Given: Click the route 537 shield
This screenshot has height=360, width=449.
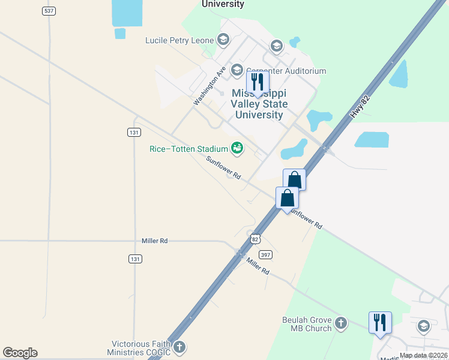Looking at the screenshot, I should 49,11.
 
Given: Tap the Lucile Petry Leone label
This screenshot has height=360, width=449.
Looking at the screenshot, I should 179,41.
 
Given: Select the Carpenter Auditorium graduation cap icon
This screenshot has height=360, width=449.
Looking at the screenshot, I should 237,71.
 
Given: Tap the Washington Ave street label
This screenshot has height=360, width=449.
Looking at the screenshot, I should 209,86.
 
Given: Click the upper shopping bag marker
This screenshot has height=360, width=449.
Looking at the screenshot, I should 294,179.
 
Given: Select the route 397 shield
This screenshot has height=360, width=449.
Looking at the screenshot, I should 267,254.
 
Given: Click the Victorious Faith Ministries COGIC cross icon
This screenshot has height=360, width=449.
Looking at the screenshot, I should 179,347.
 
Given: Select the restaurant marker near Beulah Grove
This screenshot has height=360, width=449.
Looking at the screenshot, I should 380,323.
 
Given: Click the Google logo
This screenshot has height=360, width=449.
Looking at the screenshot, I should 20,353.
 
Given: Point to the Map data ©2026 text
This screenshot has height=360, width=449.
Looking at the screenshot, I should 423,355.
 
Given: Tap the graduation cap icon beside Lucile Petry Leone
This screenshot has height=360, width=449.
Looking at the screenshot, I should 223,41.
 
